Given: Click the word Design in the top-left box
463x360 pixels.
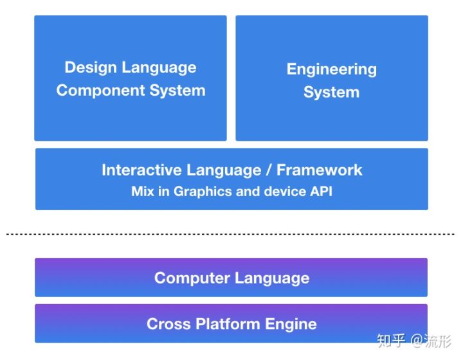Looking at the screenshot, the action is pos(91,68).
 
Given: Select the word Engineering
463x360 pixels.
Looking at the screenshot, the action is pos(332,70).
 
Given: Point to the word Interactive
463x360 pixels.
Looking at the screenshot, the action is pos(141,170).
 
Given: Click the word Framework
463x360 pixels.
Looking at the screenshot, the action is pos(319,170).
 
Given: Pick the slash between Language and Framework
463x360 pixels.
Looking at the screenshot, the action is pos(269,170).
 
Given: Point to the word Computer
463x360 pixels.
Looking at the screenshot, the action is pos(192,278).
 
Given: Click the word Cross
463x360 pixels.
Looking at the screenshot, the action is pos(168,324).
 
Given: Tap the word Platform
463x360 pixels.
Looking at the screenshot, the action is pos(228,324).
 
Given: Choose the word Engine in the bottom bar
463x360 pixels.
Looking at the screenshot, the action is pos(291,324).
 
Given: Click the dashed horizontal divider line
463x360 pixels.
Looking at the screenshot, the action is pos(230,234).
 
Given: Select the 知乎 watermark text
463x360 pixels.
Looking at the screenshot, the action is pos(391,341).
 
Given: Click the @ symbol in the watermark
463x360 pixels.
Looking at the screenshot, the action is pos(416,341).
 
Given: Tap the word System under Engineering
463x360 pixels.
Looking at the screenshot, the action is pos(332,92).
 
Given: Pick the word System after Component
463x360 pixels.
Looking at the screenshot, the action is pos(177,90).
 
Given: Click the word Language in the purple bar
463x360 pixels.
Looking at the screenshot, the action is pos(272,278).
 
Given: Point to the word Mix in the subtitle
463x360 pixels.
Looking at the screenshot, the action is pos(143,191).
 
